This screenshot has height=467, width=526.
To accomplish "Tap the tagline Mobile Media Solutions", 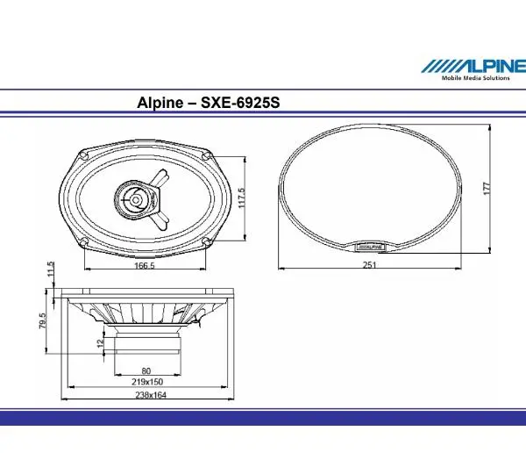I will point(474,78).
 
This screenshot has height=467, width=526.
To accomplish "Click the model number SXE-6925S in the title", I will point(242,104).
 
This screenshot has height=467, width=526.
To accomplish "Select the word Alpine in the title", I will point(160,104).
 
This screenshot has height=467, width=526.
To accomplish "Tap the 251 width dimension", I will point(367,267).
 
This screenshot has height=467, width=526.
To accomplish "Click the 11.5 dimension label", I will point(51,267).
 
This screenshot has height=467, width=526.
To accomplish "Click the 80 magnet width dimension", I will point(146,370).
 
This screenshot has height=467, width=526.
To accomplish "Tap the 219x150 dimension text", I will point(146,383).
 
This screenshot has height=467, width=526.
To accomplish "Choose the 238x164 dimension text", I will point(146,396).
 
